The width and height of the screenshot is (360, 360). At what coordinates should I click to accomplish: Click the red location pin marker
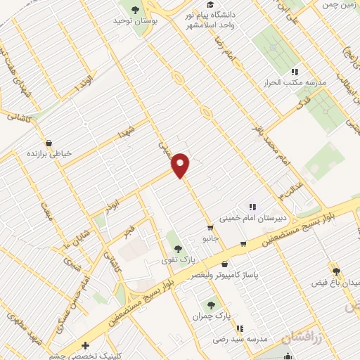tap(181, 165)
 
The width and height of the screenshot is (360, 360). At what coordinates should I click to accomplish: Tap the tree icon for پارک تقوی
tap(176, 248)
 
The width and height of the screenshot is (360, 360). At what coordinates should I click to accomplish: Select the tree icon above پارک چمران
tap(210, 304)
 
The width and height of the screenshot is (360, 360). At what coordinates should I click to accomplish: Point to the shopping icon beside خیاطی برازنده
tap(48, 141)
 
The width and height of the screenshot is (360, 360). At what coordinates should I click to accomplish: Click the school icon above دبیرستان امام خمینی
tap(252, 207)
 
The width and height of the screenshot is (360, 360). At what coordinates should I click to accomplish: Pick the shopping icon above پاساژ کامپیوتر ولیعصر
tap(224, 264)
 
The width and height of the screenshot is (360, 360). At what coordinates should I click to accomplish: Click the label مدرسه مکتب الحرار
tap(296, 82)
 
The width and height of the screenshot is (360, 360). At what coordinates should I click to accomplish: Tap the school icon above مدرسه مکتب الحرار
tap(295, 71)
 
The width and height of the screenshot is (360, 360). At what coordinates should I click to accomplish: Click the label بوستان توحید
tap(134, 21)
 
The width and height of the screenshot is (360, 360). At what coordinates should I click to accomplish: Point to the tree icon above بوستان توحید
tap(135, 10)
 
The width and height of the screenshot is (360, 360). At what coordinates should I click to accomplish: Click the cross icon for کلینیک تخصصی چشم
tap(85, 346)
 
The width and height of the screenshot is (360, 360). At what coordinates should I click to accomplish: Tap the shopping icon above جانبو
tap(210, 228)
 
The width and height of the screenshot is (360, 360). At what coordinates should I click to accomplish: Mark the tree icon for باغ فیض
tap(336, 271)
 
